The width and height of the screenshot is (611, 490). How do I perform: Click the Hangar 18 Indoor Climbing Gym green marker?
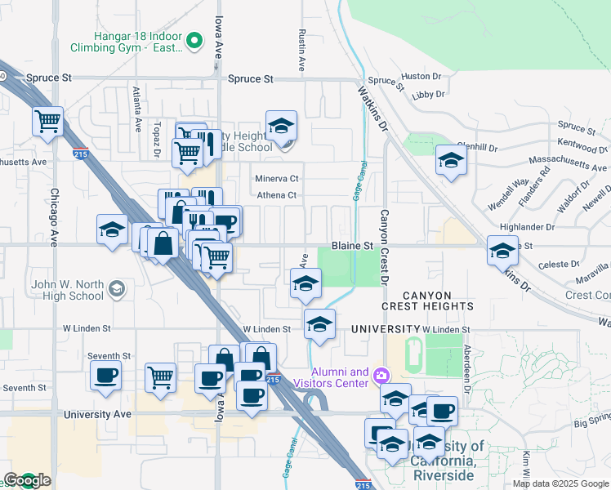coord(194,39)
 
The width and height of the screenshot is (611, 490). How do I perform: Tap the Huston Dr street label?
coord(421,76)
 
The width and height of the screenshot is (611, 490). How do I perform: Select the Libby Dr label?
coord(429,95)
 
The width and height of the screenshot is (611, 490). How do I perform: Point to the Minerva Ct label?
coord(278,178)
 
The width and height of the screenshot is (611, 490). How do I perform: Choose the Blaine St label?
coord(352,245)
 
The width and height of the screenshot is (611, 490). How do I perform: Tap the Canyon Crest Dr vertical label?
coord(385,247)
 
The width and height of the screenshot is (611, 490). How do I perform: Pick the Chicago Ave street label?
coord(54,218)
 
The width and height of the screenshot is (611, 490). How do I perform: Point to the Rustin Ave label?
coord(301,51)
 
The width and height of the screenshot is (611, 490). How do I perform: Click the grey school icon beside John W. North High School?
coord(118,287)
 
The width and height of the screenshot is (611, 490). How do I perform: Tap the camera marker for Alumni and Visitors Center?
coord(381,376)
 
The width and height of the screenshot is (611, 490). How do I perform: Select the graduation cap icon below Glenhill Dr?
coord(450,161)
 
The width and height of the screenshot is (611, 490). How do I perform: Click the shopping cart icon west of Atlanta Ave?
coord(48,122)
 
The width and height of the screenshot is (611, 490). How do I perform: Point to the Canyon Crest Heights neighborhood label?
coord(439,300)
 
